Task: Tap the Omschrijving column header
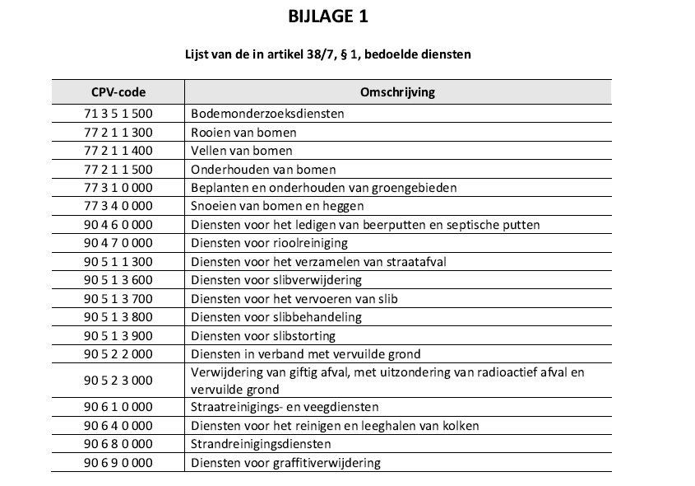click(x=397, y=92)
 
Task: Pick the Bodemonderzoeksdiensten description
click(x=267, y=114)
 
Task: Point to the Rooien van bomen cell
click(x=243, y=133)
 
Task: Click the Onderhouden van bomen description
click(x=252, y=170)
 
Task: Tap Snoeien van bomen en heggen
click(x=277, y=206)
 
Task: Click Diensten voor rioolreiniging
click(x=269, y=243)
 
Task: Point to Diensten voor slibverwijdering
click(x=276, y=280)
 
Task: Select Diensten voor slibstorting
click(x=263, y=336)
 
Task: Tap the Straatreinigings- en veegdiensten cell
click(x=285, y=407)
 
